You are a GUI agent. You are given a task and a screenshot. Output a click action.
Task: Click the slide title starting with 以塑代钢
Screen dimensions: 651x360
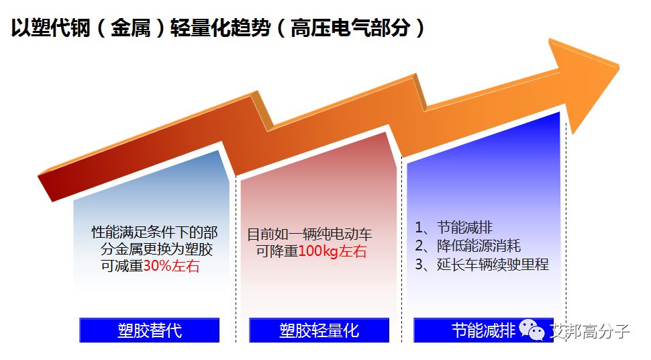pos(217,28)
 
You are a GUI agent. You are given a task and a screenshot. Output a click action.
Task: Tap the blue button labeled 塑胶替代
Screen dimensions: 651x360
pos(150,330)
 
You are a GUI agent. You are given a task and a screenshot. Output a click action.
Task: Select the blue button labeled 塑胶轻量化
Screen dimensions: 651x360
pos(319,330)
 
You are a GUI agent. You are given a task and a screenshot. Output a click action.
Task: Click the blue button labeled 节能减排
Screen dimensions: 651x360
pos(483,330)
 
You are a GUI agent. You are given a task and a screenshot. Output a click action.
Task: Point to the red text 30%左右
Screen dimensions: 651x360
pos(171,266)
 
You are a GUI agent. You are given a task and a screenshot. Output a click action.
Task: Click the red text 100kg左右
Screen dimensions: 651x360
pos(333,251)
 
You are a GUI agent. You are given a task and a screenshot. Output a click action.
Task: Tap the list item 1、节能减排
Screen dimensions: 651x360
pos(454,228)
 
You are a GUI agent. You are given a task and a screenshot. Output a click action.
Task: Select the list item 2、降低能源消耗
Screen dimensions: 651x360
pos(468,246)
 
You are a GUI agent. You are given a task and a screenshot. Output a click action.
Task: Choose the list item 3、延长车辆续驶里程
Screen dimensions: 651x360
pos(482,265)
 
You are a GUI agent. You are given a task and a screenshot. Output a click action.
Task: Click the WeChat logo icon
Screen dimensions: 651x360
pos(532,330)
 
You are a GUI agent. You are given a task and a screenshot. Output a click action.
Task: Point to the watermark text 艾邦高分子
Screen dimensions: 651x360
pos(589,331)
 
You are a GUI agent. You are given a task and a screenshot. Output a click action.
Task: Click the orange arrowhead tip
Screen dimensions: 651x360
pos(619,66)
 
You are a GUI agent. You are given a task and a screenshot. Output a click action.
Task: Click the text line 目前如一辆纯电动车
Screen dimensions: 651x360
pos(309,234)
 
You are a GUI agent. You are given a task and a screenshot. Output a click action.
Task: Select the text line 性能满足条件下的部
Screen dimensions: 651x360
pos(154,232)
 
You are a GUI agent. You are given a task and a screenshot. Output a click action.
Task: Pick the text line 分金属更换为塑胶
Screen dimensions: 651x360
pos(156,249)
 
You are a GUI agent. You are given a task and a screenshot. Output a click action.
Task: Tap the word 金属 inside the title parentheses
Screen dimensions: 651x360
pos(130,28)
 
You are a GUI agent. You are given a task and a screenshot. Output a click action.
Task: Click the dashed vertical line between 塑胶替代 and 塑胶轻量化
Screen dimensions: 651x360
pos(236,259)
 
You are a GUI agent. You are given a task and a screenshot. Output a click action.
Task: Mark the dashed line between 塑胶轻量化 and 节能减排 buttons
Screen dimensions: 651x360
pos(401,249)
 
